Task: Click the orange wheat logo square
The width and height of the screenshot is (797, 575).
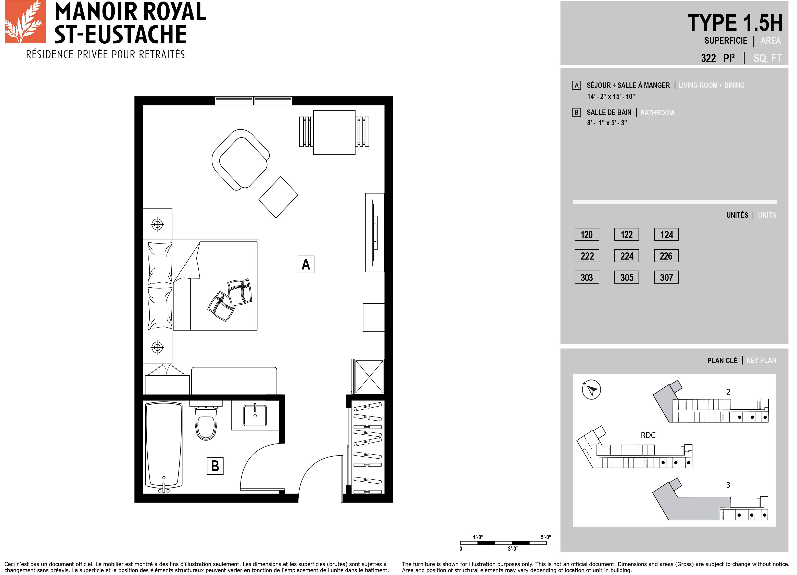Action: (25, 22)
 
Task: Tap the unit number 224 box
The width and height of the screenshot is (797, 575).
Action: (627, 256)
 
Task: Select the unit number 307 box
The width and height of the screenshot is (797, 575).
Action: (666, 277)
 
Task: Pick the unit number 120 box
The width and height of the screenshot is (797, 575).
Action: (587, 235)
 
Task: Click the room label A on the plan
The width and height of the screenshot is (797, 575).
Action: (306, 264)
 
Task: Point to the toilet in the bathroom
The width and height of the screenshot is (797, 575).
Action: (206, 422)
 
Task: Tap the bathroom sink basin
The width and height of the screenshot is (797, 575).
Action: (255, 415)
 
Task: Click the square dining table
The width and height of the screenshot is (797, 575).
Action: (334, 132)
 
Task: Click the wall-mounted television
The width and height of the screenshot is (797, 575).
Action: (375, 233)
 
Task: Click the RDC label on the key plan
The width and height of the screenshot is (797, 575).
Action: (648, 435)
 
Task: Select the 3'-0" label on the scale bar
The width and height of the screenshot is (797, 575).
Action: (513, 549)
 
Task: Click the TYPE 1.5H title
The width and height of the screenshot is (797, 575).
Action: (735, 23)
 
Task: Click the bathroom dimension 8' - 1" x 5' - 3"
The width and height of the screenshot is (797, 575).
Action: (607, 123)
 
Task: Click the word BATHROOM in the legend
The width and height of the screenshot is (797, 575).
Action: (657, 113)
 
